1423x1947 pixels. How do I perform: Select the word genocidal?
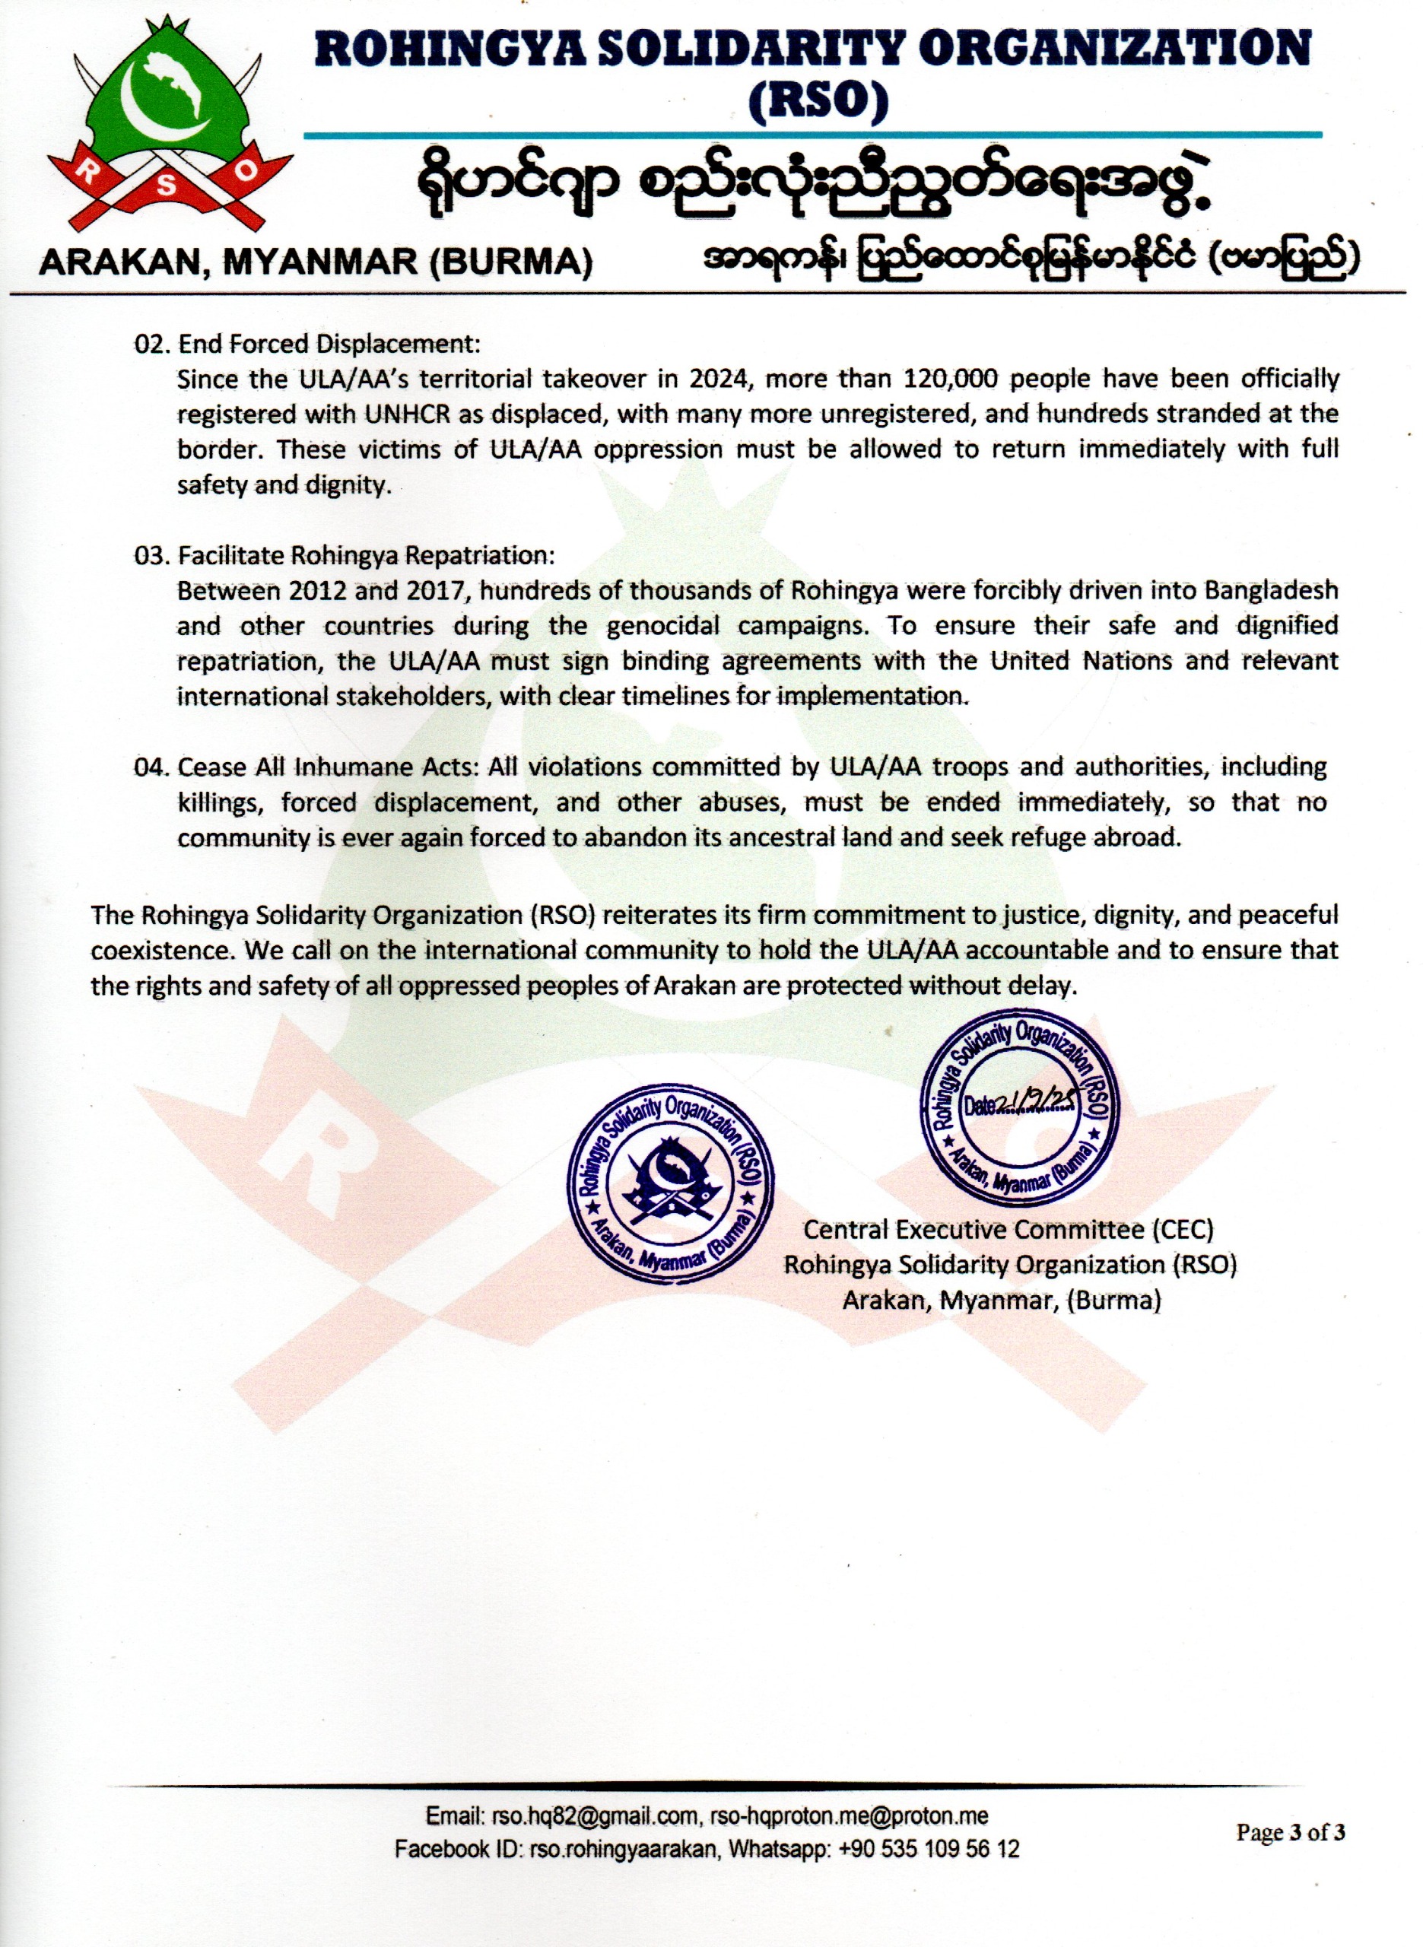[x=663, y=626]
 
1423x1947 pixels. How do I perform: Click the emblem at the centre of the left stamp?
[x=669, y=1186]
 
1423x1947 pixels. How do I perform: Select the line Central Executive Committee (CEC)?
[x=1008, y=1229]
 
